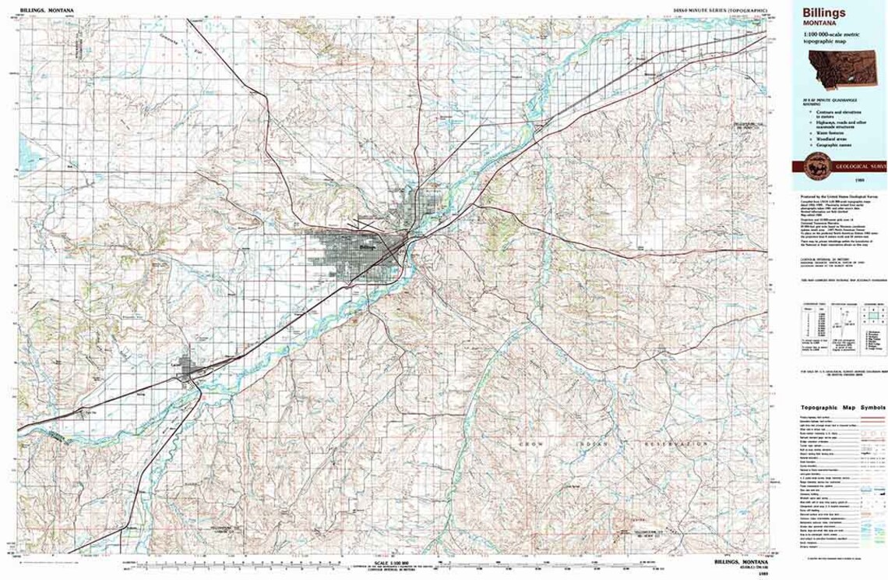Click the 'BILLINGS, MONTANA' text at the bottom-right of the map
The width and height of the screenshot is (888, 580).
(x=740, y=561)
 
